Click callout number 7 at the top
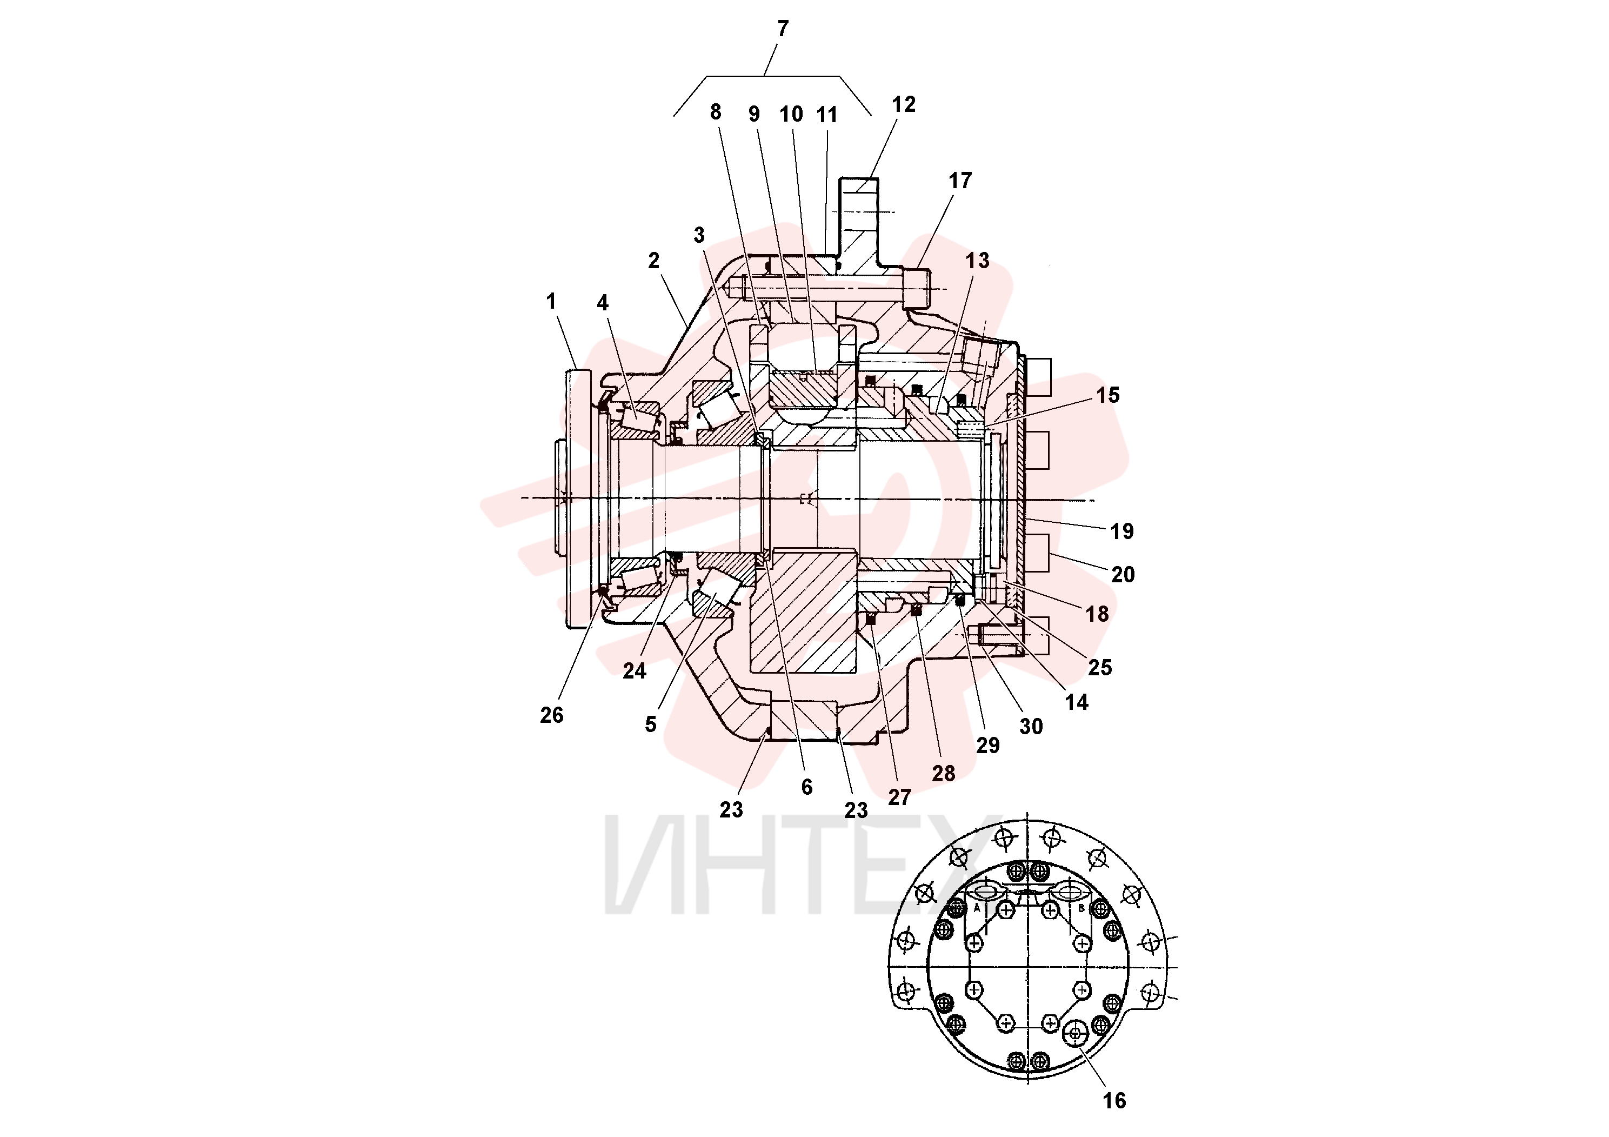tap(783, 29)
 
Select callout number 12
tap(903, 104)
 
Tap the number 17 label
tap(960, 181)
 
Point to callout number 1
tap(551, 302)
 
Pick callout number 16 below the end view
tap(1114, 1101)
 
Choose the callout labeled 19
tap(1122, 531)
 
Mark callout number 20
tap(1123, 575)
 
